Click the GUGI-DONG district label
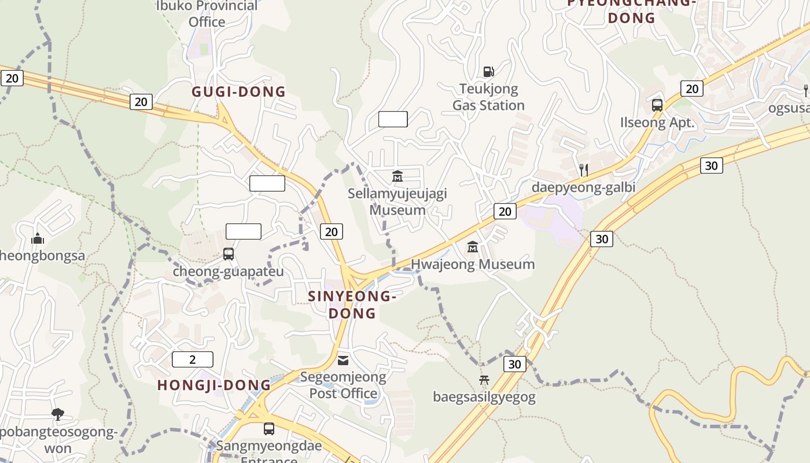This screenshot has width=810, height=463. coord(238,91)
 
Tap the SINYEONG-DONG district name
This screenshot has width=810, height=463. coord(352,304)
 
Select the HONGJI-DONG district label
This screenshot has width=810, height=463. coord(214,385)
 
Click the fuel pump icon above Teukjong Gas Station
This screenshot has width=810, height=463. coord(489,72)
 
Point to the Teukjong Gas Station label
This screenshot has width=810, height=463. coord(488,97)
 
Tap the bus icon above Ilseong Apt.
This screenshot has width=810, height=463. coord(657,105)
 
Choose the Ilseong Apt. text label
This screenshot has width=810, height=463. coord(657,123)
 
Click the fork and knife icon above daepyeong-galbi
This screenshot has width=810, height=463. coord(584,170)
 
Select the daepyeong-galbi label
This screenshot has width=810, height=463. coord(583,187)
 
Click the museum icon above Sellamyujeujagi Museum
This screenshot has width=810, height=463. coord(397,175)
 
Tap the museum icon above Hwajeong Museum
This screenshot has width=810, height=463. coord(473,247)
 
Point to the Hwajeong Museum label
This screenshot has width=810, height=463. coord(473,264)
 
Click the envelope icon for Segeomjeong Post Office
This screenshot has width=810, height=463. coord(343,360)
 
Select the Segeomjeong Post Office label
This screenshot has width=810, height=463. coord(343,385)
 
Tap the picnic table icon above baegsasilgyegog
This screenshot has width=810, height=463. coord(484,380)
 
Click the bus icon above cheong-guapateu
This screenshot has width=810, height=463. coord(229,253)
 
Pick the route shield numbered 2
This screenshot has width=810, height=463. coord(193,359)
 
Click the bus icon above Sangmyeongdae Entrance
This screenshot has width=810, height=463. coord(269,429)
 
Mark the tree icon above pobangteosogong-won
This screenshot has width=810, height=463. coord(57,414)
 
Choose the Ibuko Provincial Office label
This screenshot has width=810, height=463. coord(207,14)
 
